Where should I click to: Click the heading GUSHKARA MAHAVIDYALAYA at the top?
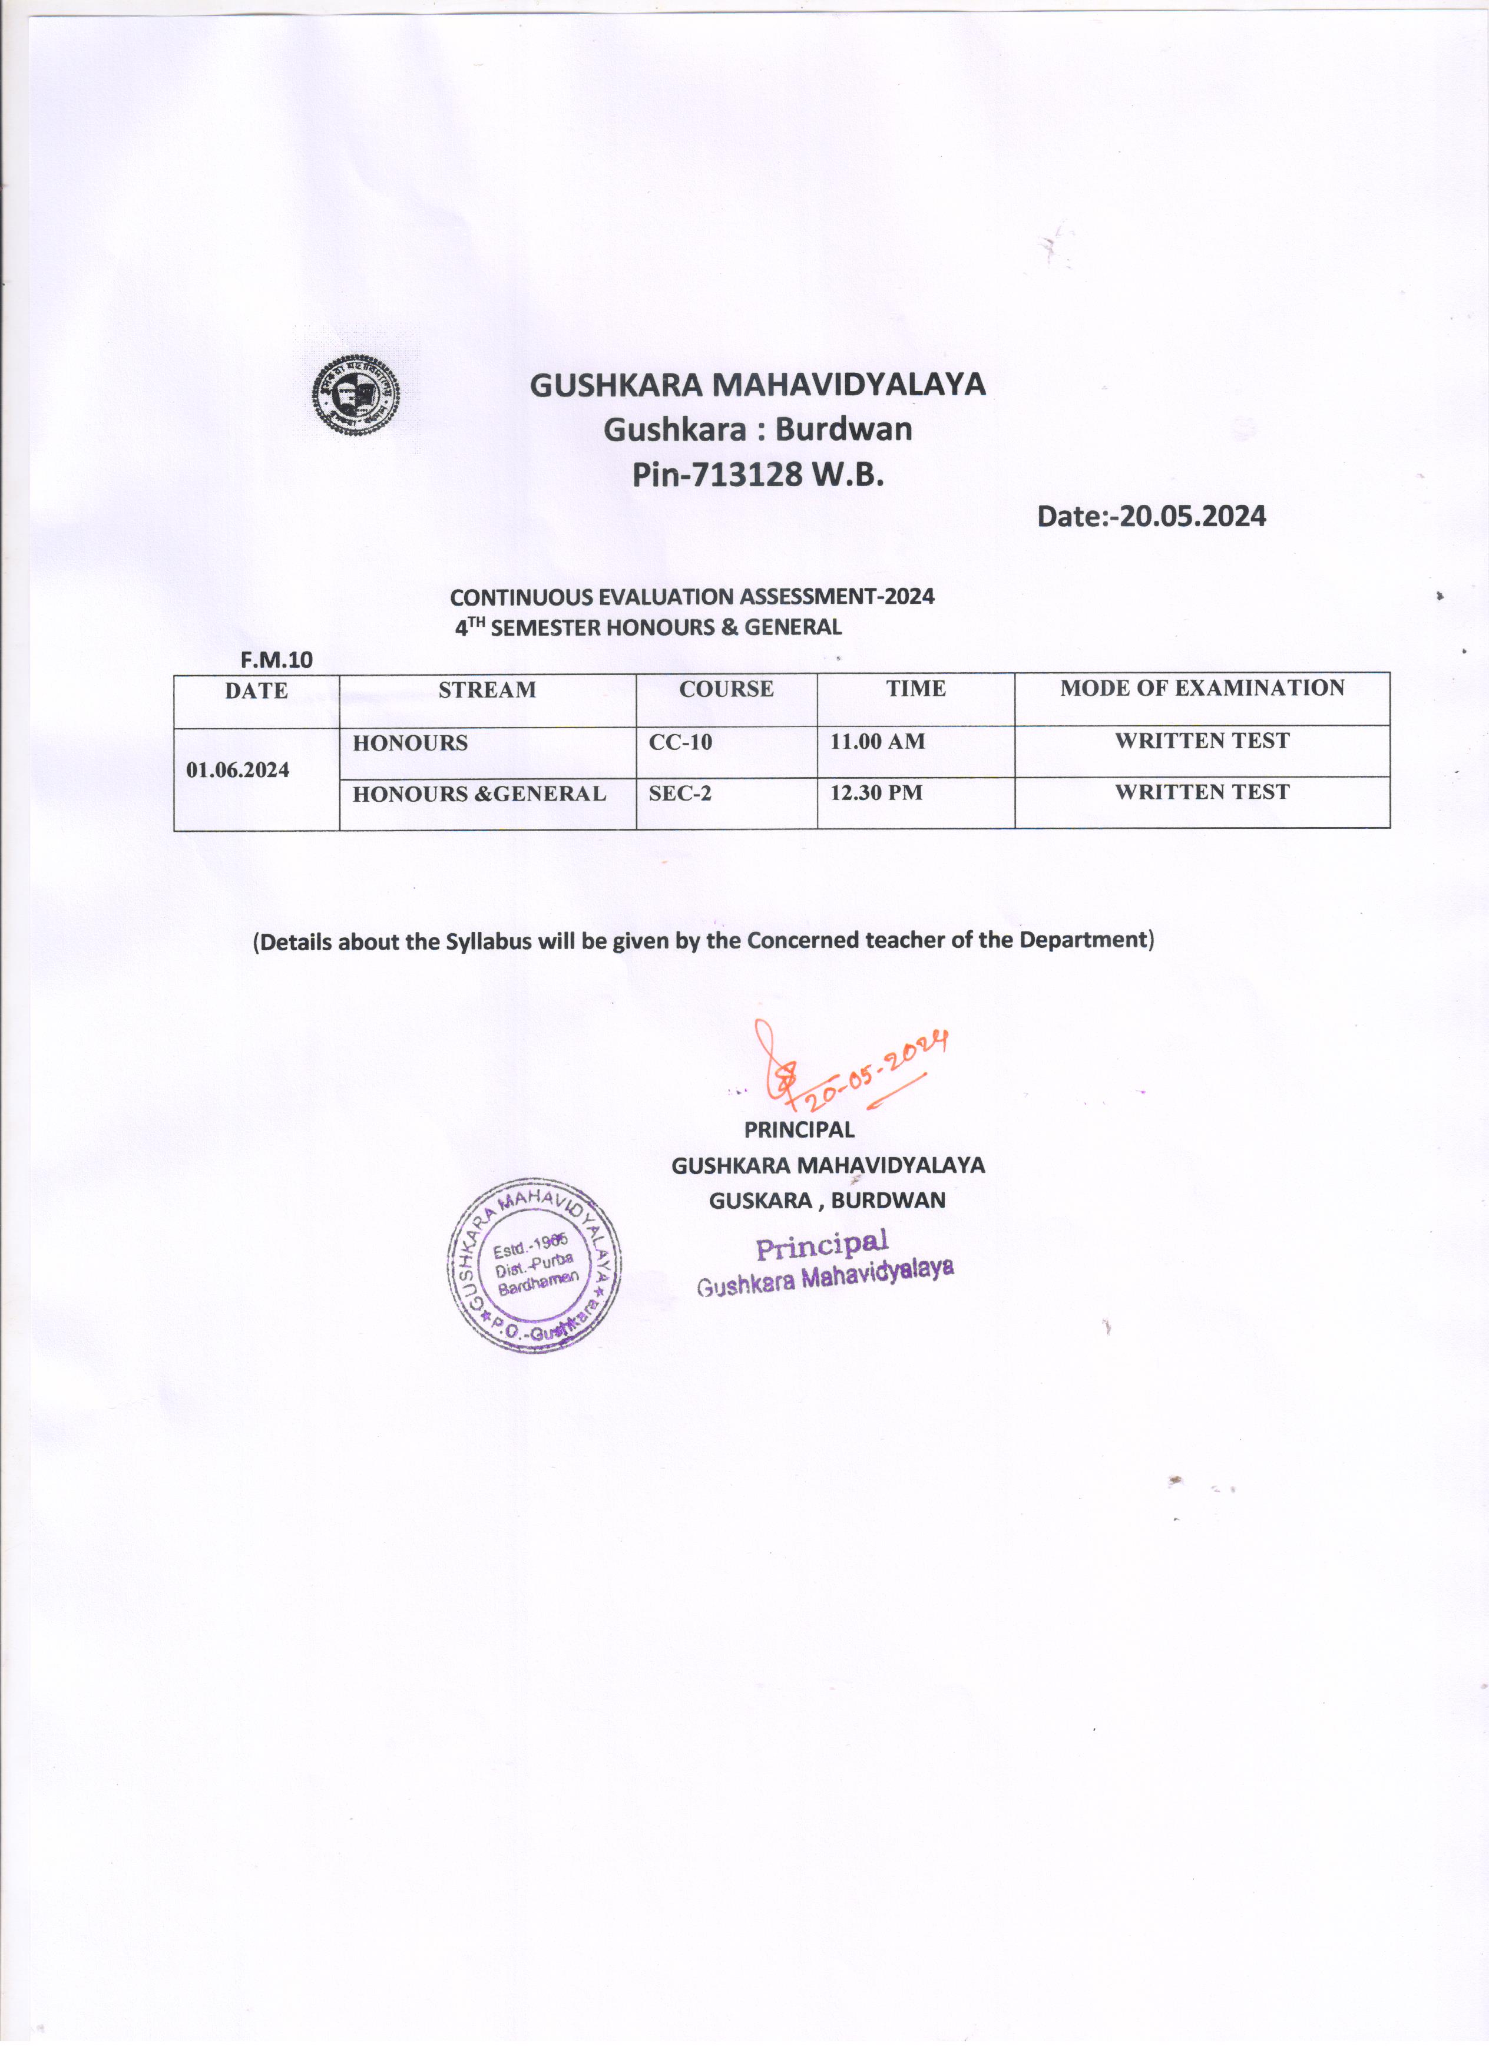pyautogui.click(x=757, y=385)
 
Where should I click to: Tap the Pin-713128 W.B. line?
pyautogui.click(x=757, y=475)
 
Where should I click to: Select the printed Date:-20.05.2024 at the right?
pyautogui.click(x=1151, y=517)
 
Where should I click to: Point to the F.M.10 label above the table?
pyautogui.click(x=276, y=660)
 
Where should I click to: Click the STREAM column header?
pyautogui.click(x=487, y=690)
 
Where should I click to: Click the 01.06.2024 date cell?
pyautogui.click(x=238, y=770)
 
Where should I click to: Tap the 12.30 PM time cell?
pyautogui.click(x=876, y=792)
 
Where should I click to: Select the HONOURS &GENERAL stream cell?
pyautogui.click(x=479, y=794)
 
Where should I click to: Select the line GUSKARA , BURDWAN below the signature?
pyautogui.click(x=827, y=1201)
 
